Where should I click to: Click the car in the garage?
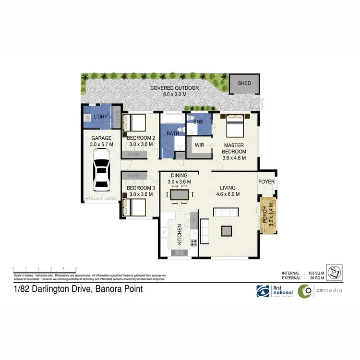pos(101,169)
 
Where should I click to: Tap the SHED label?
pos(244,84)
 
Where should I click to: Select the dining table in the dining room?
pos(179,194)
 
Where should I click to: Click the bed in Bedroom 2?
pos(134,123)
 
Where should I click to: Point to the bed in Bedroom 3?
pos(134,207)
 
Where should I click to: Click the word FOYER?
pos(266,182)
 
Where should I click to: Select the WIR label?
pos(199,144)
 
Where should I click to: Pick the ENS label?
pos(198,122)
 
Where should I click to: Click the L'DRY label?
pos(100,117)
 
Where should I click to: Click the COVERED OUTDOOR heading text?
pos(174,88)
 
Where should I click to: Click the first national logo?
pos(271,291)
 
